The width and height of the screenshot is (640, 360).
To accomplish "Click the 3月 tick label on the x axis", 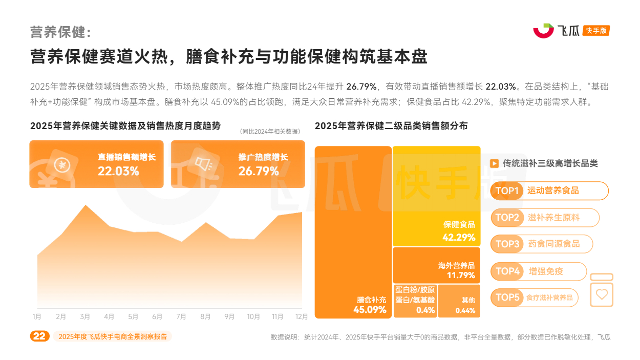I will pos(85,316).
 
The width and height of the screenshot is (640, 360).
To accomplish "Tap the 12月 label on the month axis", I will pos(302,316).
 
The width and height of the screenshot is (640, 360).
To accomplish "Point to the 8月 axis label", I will pos(205,316).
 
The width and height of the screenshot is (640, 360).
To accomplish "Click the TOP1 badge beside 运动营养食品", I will pos(507,191).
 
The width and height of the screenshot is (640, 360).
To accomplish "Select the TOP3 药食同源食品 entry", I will pos(542,244).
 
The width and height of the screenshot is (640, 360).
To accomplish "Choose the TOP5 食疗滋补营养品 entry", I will pos(535,298).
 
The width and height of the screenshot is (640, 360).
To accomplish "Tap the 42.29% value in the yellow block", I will pos(459,237).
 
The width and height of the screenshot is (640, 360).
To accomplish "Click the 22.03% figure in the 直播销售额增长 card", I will pos(118,171).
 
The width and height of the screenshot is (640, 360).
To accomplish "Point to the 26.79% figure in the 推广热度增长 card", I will pos(258,171).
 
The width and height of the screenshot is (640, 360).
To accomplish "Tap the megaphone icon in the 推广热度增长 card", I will pos(204,164).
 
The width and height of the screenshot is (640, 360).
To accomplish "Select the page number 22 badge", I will pos(39,336).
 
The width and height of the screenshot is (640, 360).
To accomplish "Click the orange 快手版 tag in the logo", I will pos(596,31).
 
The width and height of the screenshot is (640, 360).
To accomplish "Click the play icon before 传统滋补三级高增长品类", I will pos(494,163).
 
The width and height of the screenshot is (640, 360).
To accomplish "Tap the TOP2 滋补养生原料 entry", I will pos(545,218).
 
